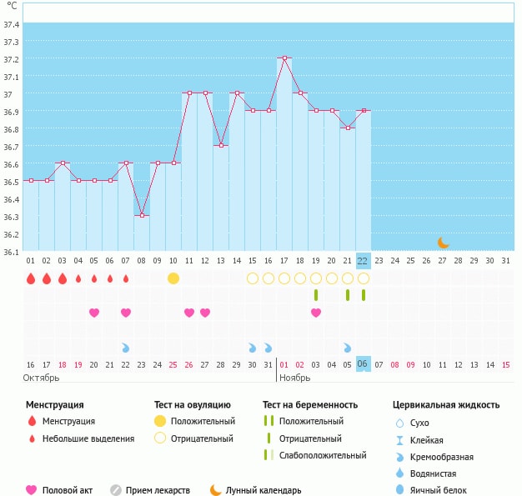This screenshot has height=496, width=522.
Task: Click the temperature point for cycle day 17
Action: point(284,58)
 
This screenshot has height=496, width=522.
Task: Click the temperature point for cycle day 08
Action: point(143,216)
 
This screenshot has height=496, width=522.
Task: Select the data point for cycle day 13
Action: point(221,146)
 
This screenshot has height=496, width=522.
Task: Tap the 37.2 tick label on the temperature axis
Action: point(12,59)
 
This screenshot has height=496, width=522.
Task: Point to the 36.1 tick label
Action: point(12,252)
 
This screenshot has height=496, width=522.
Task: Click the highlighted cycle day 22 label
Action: point(363,261)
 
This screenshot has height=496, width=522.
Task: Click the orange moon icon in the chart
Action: point(444,243)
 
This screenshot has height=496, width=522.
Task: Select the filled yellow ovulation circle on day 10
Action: point(173,278)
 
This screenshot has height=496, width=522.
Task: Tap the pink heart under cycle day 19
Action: point(316,313)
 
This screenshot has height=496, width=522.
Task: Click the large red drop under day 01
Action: point(31,278)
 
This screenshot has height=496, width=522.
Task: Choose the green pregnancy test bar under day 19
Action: point(316,295)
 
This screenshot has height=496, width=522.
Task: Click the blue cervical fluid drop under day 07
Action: point(126,347)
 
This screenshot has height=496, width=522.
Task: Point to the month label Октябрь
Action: point(41,378)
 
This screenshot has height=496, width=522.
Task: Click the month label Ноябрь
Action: point(295,378)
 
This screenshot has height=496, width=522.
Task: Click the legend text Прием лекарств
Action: point(158,490)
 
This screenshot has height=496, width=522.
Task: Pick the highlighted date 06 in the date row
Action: point(363,364)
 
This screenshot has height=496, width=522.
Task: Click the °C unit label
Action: point(11,6)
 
